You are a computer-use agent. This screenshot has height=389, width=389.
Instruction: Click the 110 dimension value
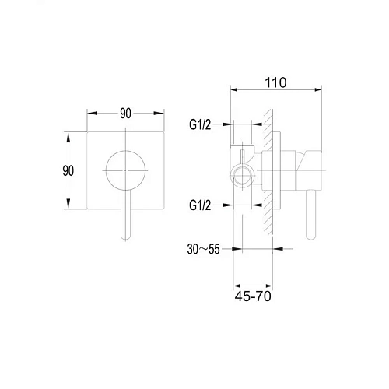pyautogui.click(x=275, y=82)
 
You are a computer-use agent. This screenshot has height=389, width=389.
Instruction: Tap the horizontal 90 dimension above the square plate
pyautogui.click(x=125, y=114)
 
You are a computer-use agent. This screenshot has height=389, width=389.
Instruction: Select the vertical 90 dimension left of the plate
pyautogui.click(x=68, y=170)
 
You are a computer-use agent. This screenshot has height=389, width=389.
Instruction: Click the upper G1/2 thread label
pyautogui.click(x=200, y=124)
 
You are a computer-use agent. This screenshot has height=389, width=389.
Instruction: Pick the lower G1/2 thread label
pyautogui.click(x=200, y=205)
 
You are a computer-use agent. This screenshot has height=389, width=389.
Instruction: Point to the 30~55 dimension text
pyautogui.click(x=203, y=249)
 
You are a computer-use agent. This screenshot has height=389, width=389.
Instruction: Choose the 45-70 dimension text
pyautogui.click(x=253, y=296)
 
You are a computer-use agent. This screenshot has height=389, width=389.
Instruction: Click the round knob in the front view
pyautogui.click(x=125, y=170)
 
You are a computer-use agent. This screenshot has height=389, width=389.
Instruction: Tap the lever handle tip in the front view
pyautogui.click(x=125, y=237)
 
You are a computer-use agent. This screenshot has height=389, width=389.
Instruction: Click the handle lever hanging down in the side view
pyautogui.click(x=310, y=215)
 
